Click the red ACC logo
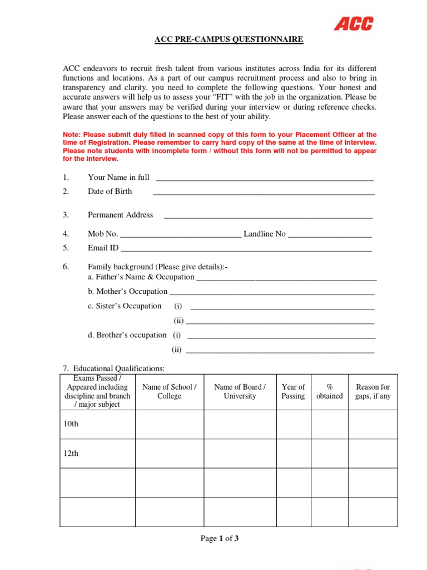pos(353,23)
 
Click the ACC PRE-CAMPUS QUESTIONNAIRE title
pos(229,40)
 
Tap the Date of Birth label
pos(110,191)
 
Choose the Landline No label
pos(265,234)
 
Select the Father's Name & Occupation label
pos(145,277)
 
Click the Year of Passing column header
pos(293,391)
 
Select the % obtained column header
pos(329,391)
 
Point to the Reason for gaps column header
pos(373,391)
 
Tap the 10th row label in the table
pos(71,424)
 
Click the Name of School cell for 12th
pos(169,453)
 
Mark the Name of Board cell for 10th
pos(240,424)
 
